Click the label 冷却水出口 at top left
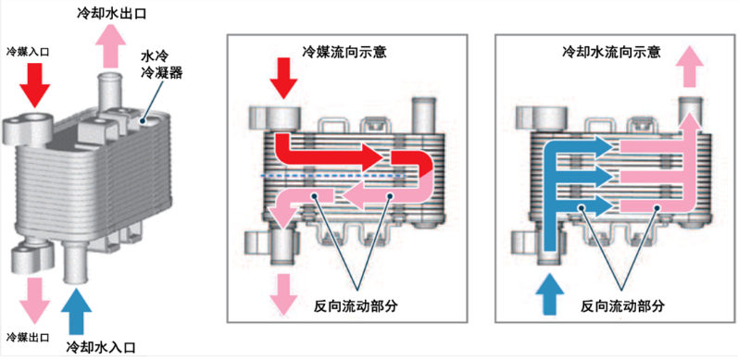coord(111,13)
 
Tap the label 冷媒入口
coord(28,51)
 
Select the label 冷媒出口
coord(28,337)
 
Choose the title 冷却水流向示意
coord(612,52)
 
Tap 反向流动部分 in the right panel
coord(622,306)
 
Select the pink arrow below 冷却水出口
coord(110,45)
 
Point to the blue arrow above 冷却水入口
coord(76,311)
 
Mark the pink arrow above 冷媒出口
coord(34,300)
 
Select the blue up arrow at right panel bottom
coord(550,295)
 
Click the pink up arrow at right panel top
coord(691,67)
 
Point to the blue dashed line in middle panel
coord(332,176)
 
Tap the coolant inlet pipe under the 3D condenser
coord(75,263)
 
